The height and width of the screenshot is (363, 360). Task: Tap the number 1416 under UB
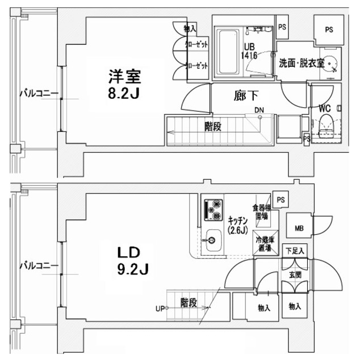250,56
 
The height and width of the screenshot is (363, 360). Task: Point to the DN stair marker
259,110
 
